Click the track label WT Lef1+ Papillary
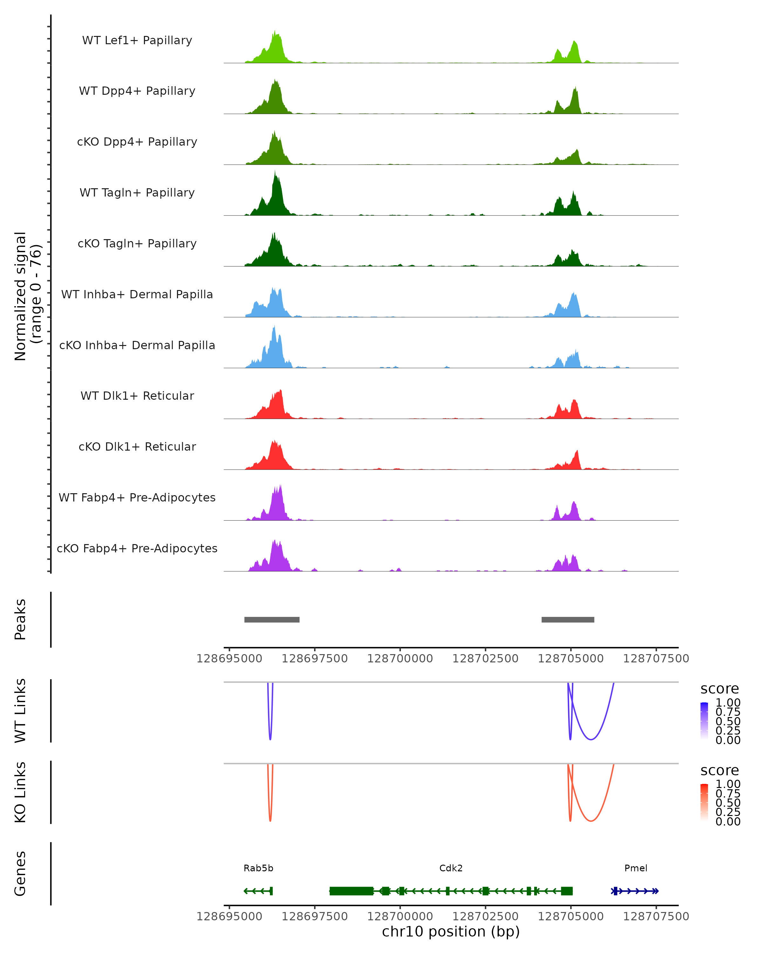[137, 40]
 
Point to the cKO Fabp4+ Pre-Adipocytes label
[137, 548]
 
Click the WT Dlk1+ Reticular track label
[137, 396]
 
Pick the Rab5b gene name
[258, 868]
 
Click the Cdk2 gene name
[451, 868]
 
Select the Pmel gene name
[636, 868]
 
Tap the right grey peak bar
[567, 619]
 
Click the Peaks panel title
[20, 619]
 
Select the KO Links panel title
[20, 792]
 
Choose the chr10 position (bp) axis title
[451, 931]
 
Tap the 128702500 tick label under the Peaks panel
[485, 659]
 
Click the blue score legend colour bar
[704, 721]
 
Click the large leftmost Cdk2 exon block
[351, 891]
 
